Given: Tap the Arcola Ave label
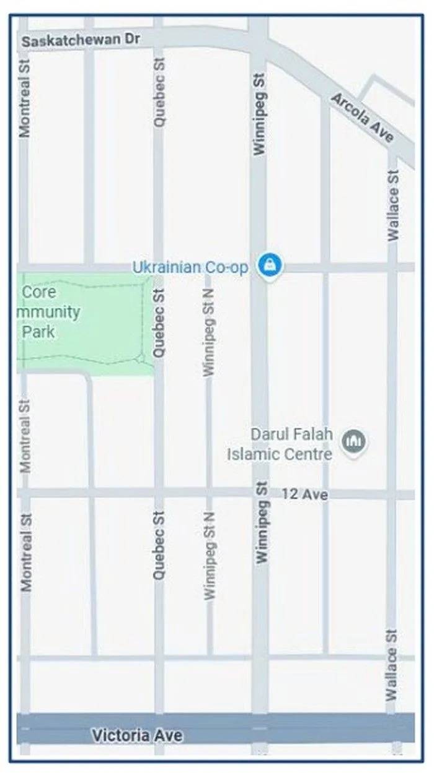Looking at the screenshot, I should [362, 118].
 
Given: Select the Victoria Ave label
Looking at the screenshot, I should [137, 735].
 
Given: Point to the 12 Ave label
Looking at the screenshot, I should [304, 494].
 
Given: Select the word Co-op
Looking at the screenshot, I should [227, 267].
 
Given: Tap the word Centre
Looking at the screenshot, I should [308, 454].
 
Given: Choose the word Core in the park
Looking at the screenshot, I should [39, 291].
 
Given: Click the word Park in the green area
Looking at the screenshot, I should [38, 331].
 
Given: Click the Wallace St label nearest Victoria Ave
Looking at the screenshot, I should [391, 665].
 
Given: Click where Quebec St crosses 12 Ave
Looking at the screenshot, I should [159, 493].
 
